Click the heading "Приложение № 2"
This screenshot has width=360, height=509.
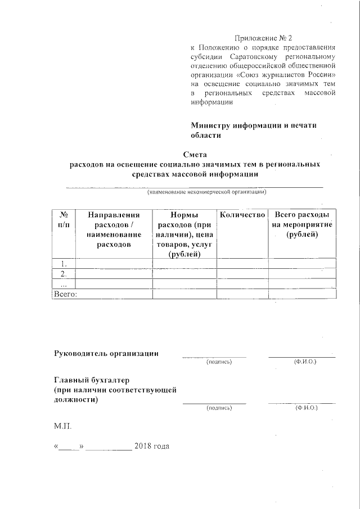[263, 38]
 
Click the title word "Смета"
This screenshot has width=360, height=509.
[195, 155]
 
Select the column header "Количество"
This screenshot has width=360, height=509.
[242, 215]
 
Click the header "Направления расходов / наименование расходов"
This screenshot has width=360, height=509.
[114, 229]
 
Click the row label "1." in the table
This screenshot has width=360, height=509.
[64, 263]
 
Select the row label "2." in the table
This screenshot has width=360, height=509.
[64, 273]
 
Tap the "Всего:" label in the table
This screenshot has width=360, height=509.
[65, 294]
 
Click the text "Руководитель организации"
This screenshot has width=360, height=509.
[106, 353]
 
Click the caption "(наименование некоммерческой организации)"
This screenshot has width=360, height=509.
[206, 192]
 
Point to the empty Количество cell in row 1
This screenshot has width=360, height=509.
[242, 263]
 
